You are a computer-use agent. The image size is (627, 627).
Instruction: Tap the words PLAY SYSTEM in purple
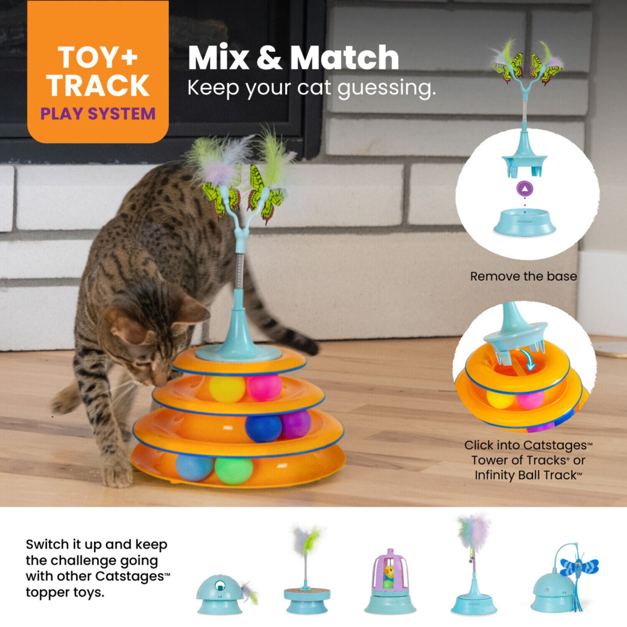pos(98,114)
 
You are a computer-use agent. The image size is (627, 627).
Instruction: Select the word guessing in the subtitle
pos(386,89)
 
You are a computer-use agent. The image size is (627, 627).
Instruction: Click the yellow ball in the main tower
pos(227,389)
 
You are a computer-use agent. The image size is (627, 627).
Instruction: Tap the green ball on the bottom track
pos(234,470)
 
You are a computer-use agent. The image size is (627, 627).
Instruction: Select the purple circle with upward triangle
pos(525,189)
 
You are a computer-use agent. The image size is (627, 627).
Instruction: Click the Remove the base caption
pos(523,276)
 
